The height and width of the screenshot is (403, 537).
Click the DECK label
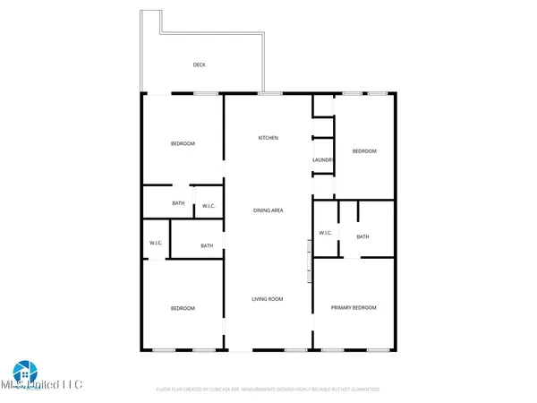pos(199,65)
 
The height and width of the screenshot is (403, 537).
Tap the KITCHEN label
pos(268,138)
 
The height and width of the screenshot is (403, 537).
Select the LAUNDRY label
pos(322,161)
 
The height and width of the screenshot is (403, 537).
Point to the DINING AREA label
pos(268,210)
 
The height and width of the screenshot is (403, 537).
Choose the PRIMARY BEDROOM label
pos(354,308)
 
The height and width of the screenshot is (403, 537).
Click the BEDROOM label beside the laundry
pos(364,151)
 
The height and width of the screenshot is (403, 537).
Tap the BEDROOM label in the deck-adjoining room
pos(183,144)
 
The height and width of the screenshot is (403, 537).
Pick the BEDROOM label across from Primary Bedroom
pos(183,309)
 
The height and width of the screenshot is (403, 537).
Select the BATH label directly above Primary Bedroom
pos(362,236)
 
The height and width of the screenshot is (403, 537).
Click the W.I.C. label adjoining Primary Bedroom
pos(326,234)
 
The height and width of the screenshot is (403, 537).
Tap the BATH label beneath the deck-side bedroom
pos(178,203)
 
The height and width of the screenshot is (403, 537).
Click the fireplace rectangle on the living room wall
pos(310,263)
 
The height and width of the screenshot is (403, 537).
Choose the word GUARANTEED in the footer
pos(363,390)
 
